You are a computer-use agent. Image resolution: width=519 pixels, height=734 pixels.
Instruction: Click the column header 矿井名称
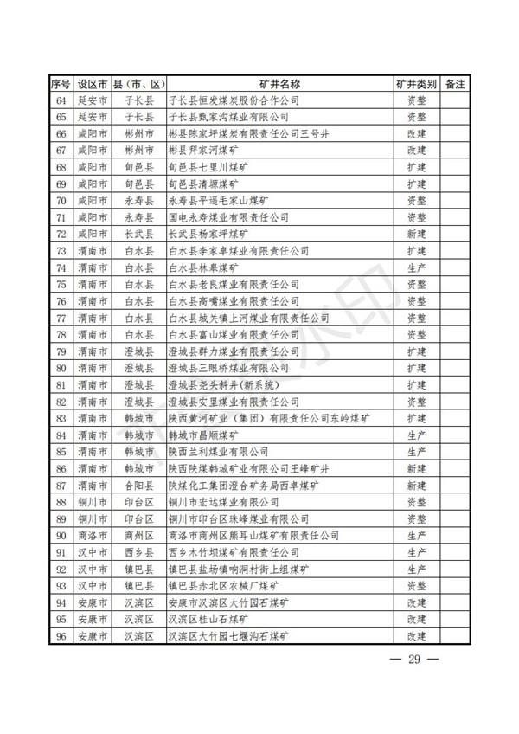point(279,83)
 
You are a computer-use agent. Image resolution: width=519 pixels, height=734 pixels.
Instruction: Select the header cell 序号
point(60,83)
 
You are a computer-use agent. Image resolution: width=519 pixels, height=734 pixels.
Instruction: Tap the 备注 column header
point(455,83)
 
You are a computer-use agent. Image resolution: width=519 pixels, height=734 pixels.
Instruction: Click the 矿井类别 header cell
point(416,83)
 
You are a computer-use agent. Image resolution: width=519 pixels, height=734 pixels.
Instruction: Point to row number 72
point(61,234)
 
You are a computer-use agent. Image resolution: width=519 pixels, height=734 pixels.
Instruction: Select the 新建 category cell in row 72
point(416,234)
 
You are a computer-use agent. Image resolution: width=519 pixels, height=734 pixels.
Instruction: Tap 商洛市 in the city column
point(92,536)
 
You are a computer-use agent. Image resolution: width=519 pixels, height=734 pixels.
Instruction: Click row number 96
point(61,636)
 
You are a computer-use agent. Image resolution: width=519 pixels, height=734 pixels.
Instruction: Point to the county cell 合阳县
point(138,486)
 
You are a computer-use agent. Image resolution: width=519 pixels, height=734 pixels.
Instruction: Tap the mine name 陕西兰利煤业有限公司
point(219,452)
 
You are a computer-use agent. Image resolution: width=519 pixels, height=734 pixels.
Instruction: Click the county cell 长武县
point(138,234)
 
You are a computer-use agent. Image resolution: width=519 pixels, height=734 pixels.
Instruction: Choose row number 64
point(61,100)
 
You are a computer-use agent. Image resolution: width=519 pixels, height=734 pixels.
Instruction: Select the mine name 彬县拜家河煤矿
point(204,150)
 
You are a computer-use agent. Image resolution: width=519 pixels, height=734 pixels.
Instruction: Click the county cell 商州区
point(138,536)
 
